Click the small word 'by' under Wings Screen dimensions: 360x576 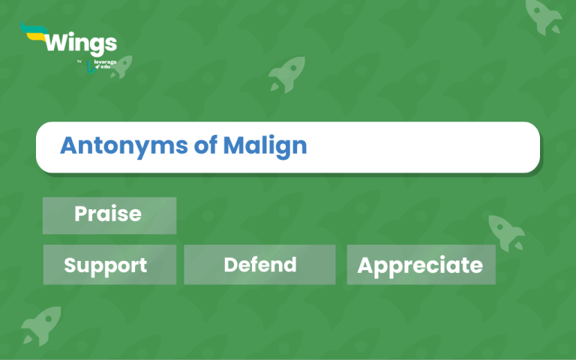coord(79,61)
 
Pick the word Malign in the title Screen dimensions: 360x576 coord(265,146)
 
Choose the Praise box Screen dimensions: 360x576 coord(109,214)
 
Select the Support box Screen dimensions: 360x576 coord(109,265)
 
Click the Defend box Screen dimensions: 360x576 coord(259,265)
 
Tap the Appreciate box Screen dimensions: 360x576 coord(421,265)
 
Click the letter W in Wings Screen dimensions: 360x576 coord(57,42)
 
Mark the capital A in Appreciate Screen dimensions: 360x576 coord(366,265)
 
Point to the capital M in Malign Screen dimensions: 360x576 coord(233,145)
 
